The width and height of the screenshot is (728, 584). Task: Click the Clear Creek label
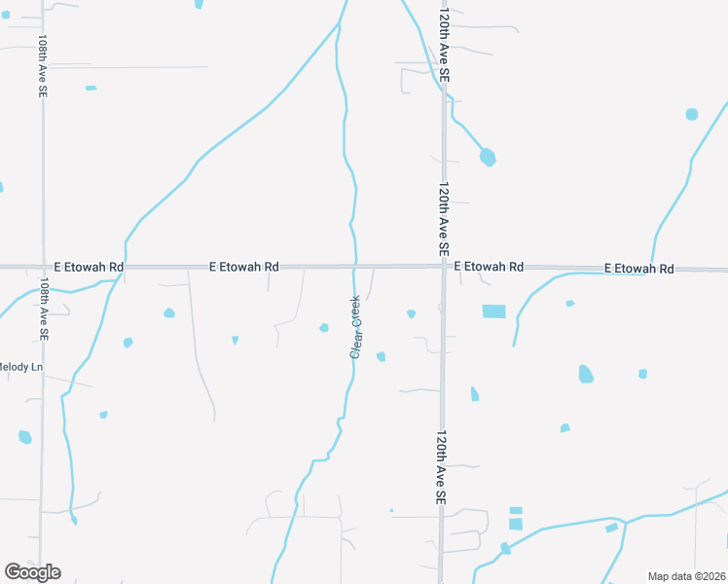[356, 327]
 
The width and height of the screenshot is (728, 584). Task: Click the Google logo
[32, 571]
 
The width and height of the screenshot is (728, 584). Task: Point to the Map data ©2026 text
[685, 576]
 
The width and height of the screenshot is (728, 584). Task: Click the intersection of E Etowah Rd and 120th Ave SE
[444, 266]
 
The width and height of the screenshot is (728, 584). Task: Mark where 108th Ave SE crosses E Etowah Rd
[43, 266]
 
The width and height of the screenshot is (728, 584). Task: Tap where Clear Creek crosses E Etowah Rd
[355, 265]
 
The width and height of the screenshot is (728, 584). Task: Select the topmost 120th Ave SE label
[444, 46]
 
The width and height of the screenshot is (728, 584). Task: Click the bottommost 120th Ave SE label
[441, 466]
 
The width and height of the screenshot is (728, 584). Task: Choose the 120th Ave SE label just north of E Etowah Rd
[443, 218]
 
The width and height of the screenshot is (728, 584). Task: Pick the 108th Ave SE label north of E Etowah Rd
[43, 66]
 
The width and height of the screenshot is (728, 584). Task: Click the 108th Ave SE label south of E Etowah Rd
[44, 307]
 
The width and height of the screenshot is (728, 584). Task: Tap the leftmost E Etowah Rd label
[89, 266]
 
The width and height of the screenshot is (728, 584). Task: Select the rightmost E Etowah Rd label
[638, 268]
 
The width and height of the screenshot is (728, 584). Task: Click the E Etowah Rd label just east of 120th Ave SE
[489, 266]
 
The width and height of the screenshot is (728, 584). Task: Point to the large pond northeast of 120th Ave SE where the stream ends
[488, 156]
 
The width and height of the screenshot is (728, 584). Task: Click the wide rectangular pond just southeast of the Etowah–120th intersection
[494, 311]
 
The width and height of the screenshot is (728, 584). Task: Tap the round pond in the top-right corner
[691, 114]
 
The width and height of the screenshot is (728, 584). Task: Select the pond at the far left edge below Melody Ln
[25, 437]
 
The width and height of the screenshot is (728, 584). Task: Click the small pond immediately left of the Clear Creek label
[324, 327]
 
